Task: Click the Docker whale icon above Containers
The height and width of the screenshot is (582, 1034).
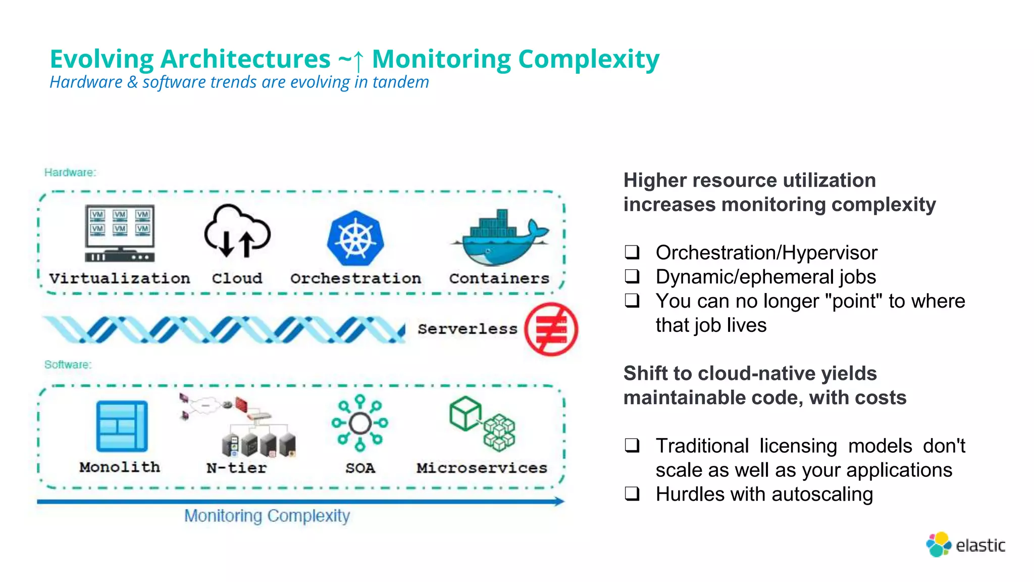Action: [x=500, y=237]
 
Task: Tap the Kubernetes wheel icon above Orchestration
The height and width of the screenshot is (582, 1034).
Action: [x=355, y=238]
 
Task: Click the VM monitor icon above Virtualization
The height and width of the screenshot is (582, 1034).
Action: [x=120, y=233]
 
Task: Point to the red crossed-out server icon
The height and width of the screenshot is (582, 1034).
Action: [x=551, y=329]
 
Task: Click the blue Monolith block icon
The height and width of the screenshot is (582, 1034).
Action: [x=122, y=426]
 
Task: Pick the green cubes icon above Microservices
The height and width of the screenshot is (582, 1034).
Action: [x=482, y=423]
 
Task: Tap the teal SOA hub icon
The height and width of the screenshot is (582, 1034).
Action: [x=360, y=423]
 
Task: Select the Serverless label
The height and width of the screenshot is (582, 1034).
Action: [x=468, y=329]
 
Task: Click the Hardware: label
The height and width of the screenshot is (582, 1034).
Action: [x=70, y=172]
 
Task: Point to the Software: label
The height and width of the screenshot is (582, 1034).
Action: [x=68, y=364]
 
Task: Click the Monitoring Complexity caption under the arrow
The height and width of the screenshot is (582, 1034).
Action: [x=267, y=516]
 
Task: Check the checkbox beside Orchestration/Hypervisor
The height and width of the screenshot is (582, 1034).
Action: [x=632, y=252]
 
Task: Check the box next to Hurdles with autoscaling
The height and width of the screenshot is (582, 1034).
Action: [x=632, y=494]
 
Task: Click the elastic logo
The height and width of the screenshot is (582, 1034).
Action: [x=965, y=545]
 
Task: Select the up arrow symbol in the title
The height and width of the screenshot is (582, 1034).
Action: [x=358, y=61]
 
